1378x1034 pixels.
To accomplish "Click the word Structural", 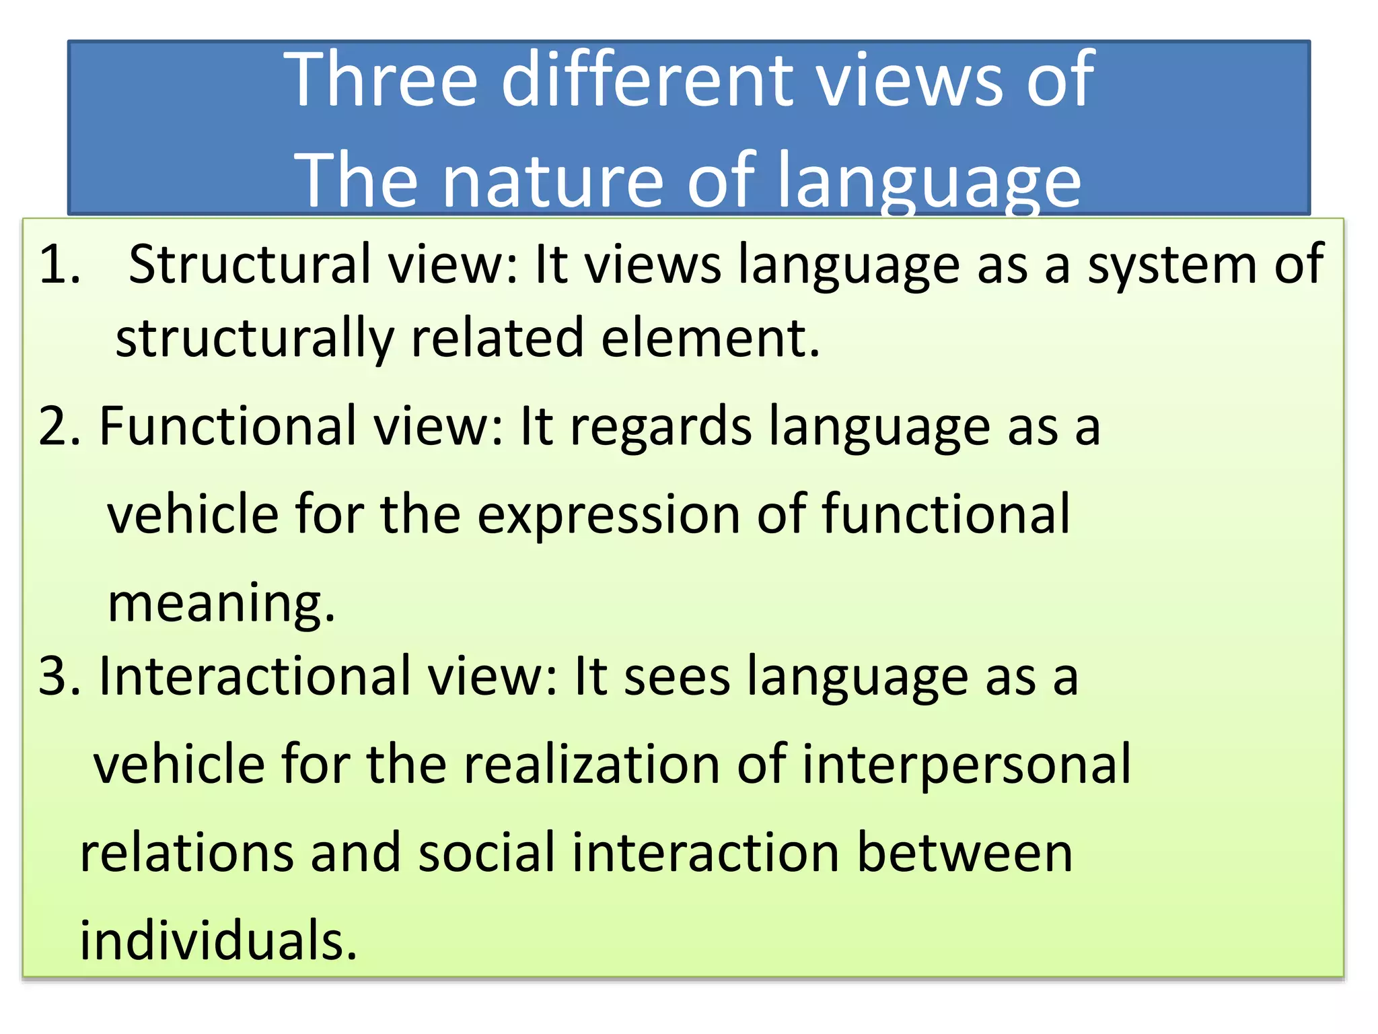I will click(x=250, y=264).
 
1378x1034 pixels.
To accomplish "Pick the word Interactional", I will click(x=255, y=676).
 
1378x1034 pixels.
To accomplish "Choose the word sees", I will click(x=676, y=677).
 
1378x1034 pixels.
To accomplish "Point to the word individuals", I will click(x=217, y=940).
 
